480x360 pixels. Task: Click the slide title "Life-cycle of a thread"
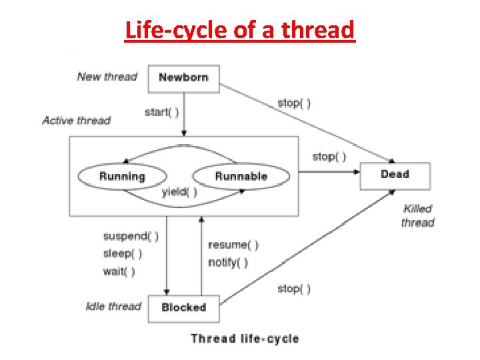tap(240, 30)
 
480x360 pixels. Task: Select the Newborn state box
tap(183, 77)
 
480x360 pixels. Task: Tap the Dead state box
tap(395, 175)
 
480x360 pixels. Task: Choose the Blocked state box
tap(183, 308)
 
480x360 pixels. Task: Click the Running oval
tap(122, 177)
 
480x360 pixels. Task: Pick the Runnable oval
tap(241, 177)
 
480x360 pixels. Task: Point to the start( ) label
tap(161, 112)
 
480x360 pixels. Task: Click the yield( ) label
tap(179, 192)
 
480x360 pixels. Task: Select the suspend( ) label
tap(131, 236)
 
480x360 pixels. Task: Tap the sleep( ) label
tap(123, 253)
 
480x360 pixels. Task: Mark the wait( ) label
tap(119, 271)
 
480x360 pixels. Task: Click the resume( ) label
tap(233, 245)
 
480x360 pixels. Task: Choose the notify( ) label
tap(228, 262)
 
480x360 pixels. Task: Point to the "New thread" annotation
tap(107, 77)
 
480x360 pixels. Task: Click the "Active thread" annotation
tap(76, 121)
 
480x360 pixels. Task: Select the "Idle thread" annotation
tap(113, 307)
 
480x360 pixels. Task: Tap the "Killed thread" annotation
tap(418, 216)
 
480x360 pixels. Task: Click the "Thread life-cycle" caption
tap(245, 339)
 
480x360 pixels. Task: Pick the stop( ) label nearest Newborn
tap(294, 103)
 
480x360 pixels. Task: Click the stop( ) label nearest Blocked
tap(294, 289)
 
